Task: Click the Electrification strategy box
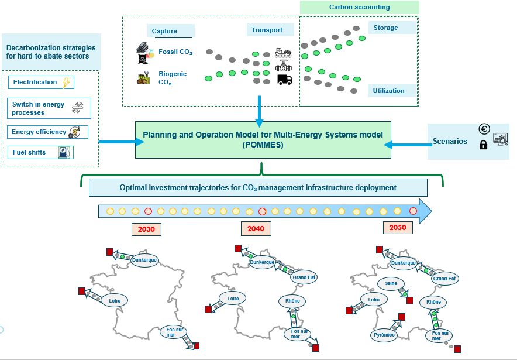pos(41,83)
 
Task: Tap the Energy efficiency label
pos(39,132)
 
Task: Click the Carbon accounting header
pos(359,7)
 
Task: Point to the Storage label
pos(385,28)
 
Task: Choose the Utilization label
pos(388,91)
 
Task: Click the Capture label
pos(164,31)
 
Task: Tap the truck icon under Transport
pos(284,80)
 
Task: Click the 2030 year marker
pos(146,229)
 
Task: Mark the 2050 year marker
pos(398,228)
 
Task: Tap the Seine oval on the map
pos(391,284)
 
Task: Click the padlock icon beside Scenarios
pos(483,145)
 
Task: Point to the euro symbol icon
pos(484,129)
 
